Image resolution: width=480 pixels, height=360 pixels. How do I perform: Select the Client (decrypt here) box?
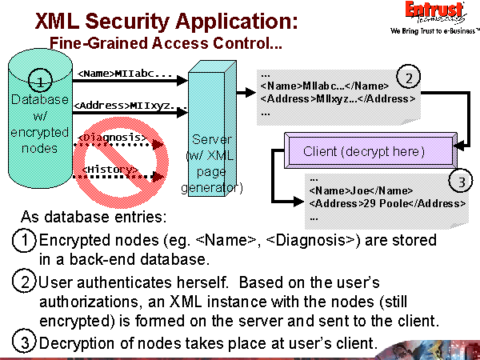click(x=363, y=151)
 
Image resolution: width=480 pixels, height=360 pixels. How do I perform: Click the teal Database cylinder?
click(x=41, y=112)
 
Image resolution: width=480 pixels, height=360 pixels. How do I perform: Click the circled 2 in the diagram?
click(x=410, y=78)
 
